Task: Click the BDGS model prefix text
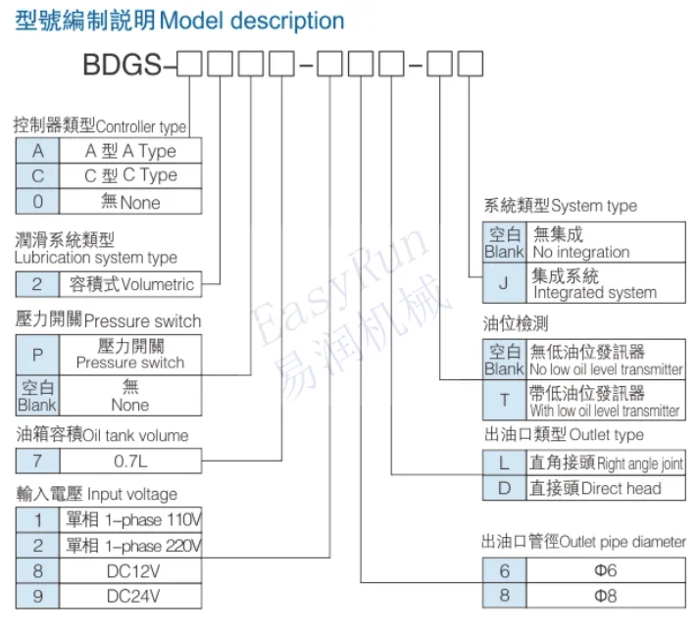(x=128, y=68)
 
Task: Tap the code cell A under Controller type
(x=37, y=151)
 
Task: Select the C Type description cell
(x=130, y=175)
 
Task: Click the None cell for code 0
(x=130, y=202)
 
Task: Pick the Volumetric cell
(x=130, y=284)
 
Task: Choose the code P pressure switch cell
(x=37, y=354)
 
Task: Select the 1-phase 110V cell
(x=130, y=519)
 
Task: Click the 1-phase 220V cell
(x=130, y=546)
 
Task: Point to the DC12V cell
(x=130, y=571)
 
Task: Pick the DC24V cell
(x=130, y=596)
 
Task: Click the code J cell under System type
(x=504, y=284)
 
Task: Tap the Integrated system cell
(x=606, y=284)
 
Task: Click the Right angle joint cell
(x=606, y=462)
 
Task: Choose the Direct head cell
(x=606, y=488)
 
